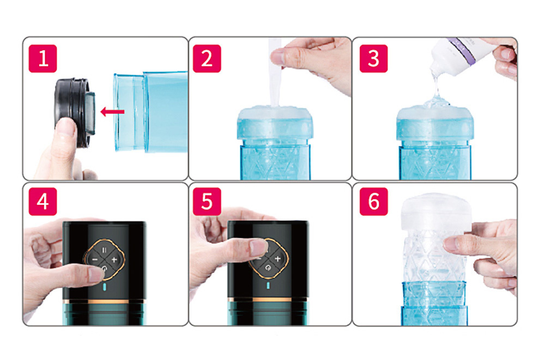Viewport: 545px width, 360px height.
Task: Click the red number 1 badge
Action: (43, 58)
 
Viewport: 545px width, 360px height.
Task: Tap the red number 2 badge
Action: (207, 58)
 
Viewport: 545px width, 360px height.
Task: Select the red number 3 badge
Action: (374, 58)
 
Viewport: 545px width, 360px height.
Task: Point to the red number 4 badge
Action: (43, 202)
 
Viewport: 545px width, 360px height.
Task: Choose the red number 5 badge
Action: (207, 202)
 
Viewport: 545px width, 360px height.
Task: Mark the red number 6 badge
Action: (374, 202)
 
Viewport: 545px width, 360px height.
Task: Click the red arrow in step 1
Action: (112, 112)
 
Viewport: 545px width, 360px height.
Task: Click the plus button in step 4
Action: (114, 259)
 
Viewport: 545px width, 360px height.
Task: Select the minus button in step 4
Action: (95, 260)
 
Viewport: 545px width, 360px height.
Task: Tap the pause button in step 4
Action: (105, 249)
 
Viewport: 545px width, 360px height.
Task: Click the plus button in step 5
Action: (277, 259)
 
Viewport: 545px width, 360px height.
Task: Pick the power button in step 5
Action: (268, 267)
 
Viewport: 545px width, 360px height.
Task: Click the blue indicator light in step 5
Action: (268, 285)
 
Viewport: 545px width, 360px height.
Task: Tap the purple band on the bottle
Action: (461, 51)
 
